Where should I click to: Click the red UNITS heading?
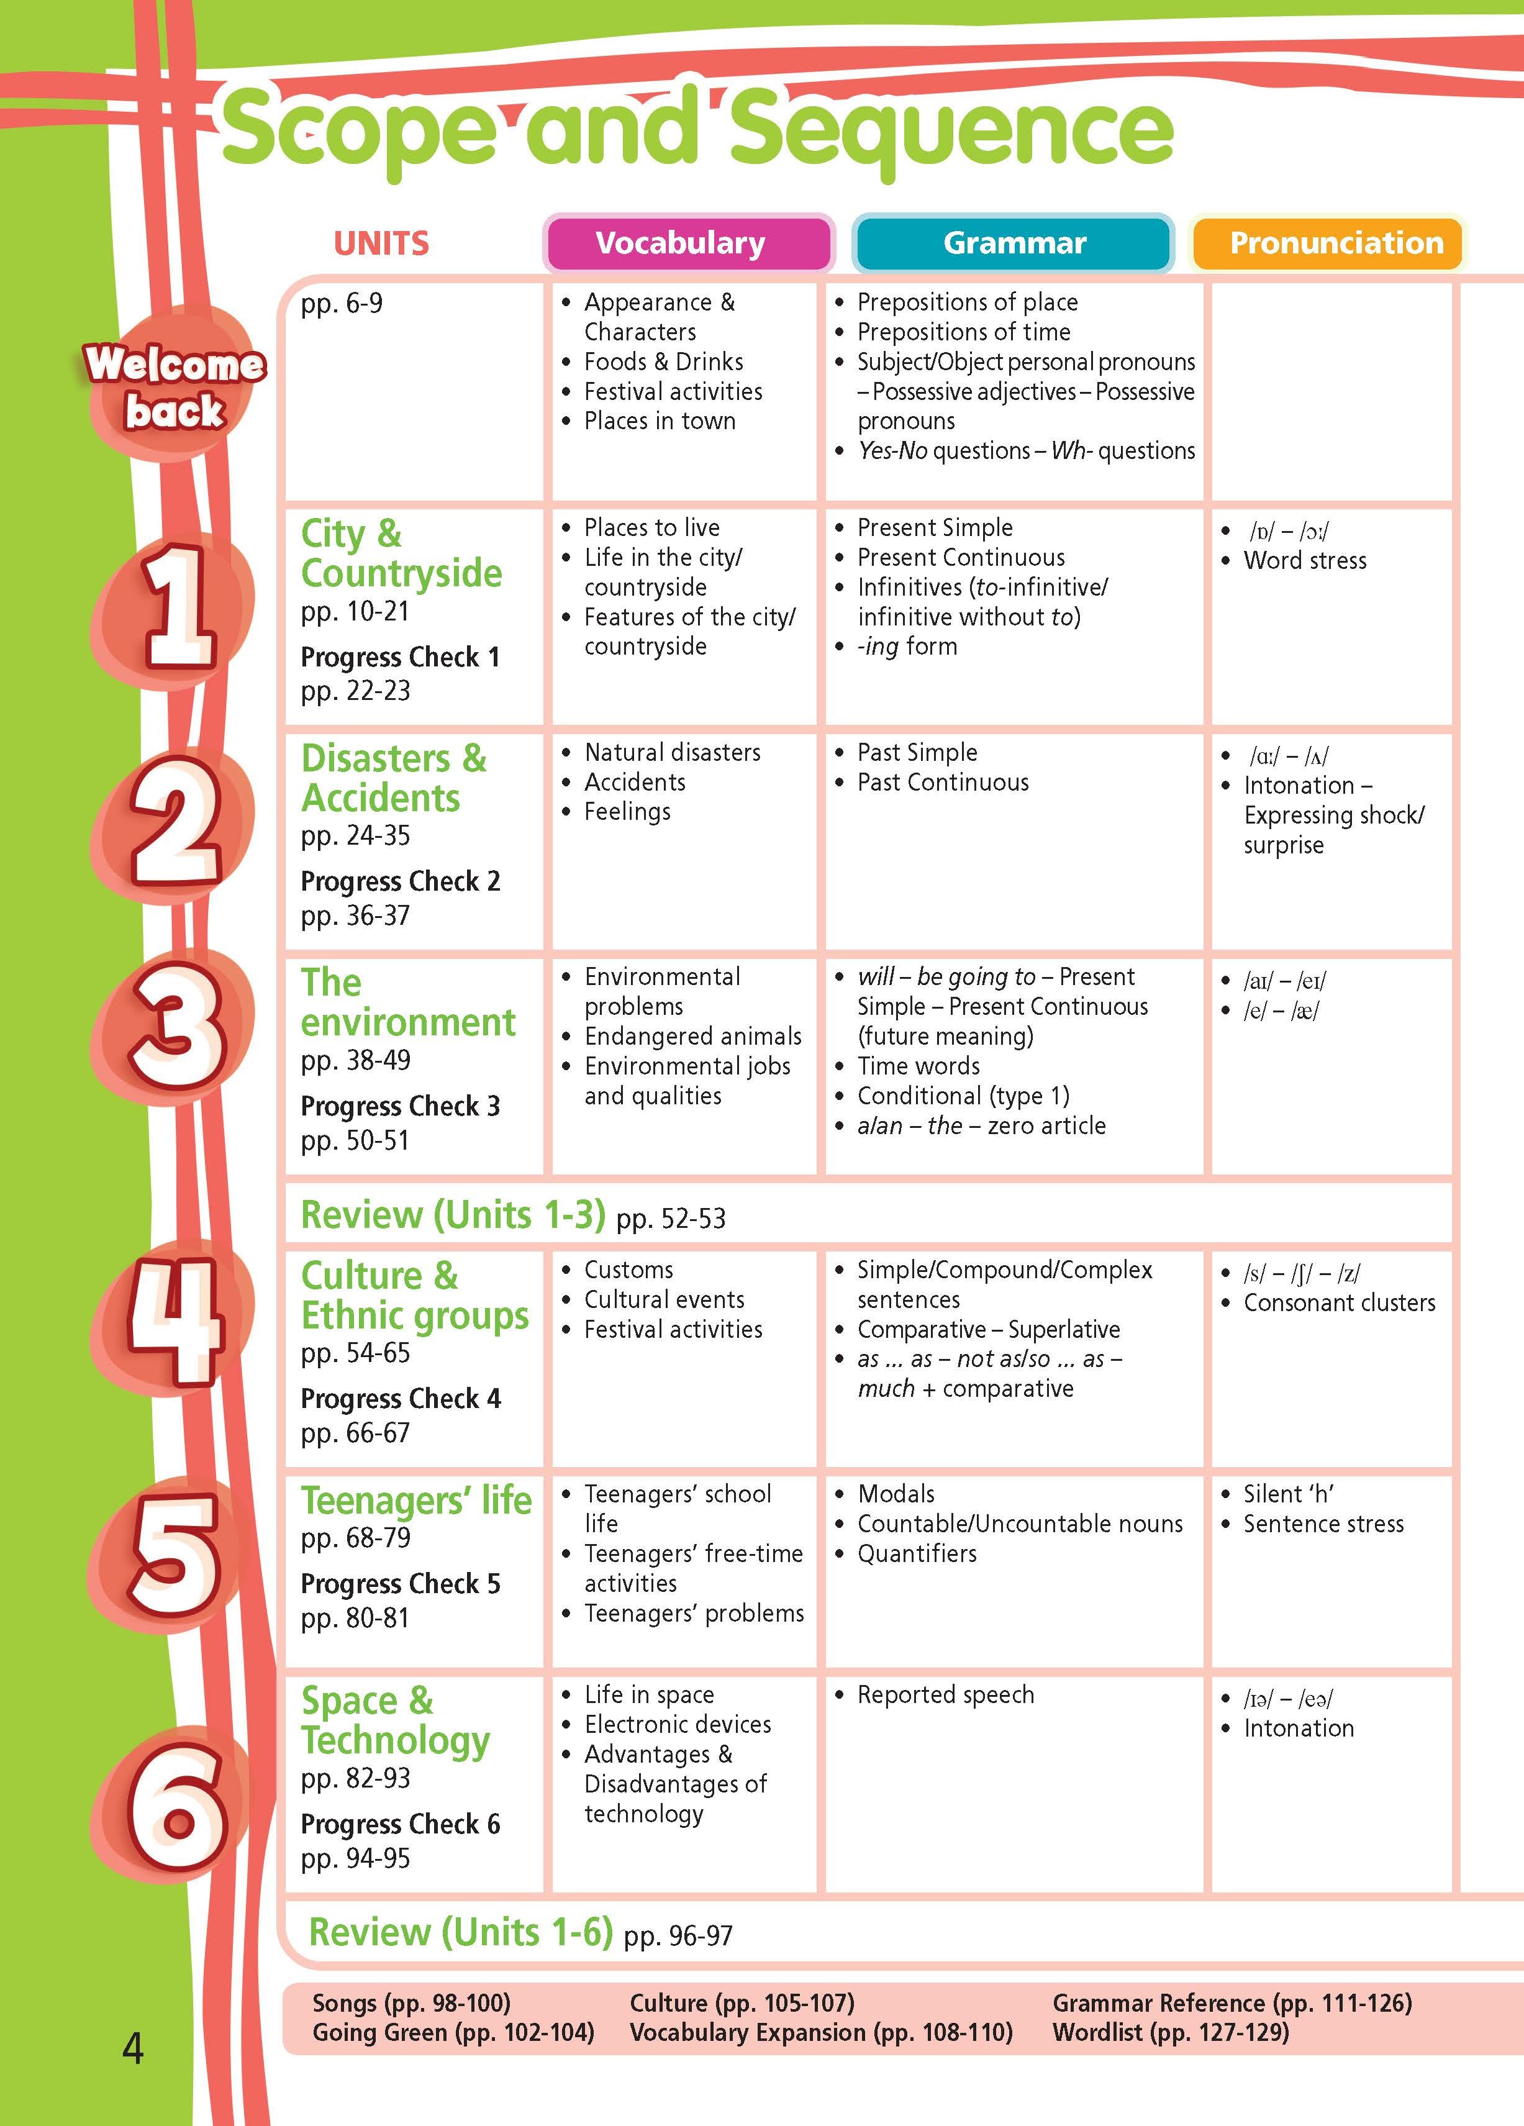click(381, 243)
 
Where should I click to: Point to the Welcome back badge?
click(175, 387)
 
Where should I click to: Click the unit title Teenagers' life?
click(416, 1501)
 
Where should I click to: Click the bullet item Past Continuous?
click(942, 783)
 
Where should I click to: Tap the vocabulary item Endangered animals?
click(692, 1036)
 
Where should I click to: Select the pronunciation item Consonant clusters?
click(1338, 1303)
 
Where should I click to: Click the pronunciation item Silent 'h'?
click(1288, 1494)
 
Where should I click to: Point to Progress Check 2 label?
click(400, 882)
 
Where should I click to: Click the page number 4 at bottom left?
click(133, 2049)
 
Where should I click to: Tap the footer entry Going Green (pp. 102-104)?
click(453, 2032)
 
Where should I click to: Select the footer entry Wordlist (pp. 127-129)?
click(1170, 2032)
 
